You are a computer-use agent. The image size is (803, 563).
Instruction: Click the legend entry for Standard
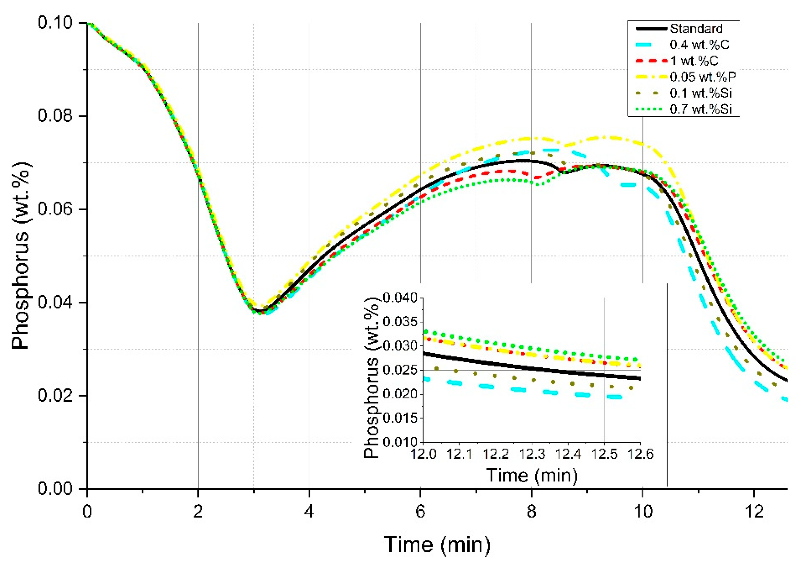click(x=696, y=28)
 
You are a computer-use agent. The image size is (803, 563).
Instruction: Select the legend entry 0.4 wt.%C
click(x=699, y=45)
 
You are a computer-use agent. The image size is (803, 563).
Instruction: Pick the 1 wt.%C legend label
click(x=694, y=61)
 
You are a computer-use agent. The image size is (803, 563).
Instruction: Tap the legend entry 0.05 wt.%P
click(x=703, y=77)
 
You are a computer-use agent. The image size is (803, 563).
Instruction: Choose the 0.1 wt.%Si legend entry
click(x=701, y=93)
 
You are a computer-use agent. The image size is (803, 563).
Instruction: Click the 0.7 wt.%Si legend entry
click(x=701, y=109)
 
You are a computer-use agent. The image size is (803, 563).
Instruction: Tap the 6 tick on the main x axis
click(x=420, y=512)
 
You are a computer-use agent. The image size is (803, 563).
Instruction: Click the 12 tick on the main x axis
click(x=754, y=512)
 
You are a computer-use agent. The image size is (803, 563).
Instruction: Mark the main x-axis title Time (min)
click(x=437, y=545)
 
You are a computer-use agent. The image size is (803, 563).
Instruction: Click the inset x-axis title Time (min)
click(x=532, y=475)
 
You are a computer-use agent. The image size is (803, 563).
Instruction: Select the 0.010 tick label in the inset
click(x=401, y=442)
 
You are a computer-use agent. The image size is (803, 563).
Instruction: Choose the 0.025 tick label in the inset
click(x=401, y=370)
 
